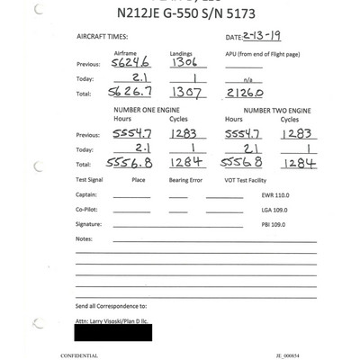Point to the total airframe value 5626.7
(130, 92)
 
